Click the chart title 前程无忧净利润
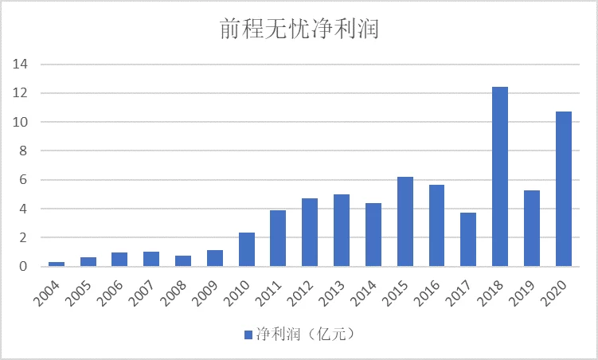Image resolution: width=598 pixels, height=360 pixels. pyautogui.click(x=299, y=30)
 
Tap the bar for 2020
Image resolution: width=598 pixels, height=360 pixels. pyautogui.click(x=564, y=189)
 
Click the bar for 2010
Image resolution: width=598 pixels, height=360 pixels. pyautogui.click(x=247, y=249)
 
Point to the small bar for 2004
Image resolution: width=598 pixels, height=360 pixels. pyautogui.click(x=57, y=264)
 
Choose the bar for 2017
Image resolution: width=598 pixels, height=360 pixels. pyautogui.click(x=468, y=239)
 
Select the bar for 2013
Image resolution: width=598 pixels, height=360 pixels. pyautogui.click(x=342, y=230)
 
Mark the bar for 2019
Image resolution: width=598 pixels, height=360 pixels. pyautogui.click(x=532, y=228)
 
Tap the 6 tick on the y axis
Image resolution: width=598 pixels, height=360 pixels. pyautogui.click(x=25, y=180)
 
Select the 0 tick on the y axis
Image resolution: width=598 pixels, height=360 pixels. pyautogui.click(x=25, y=267)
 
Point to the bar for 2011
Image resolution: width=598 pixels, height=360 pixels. pyautogui.click(x=279, y=238)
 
